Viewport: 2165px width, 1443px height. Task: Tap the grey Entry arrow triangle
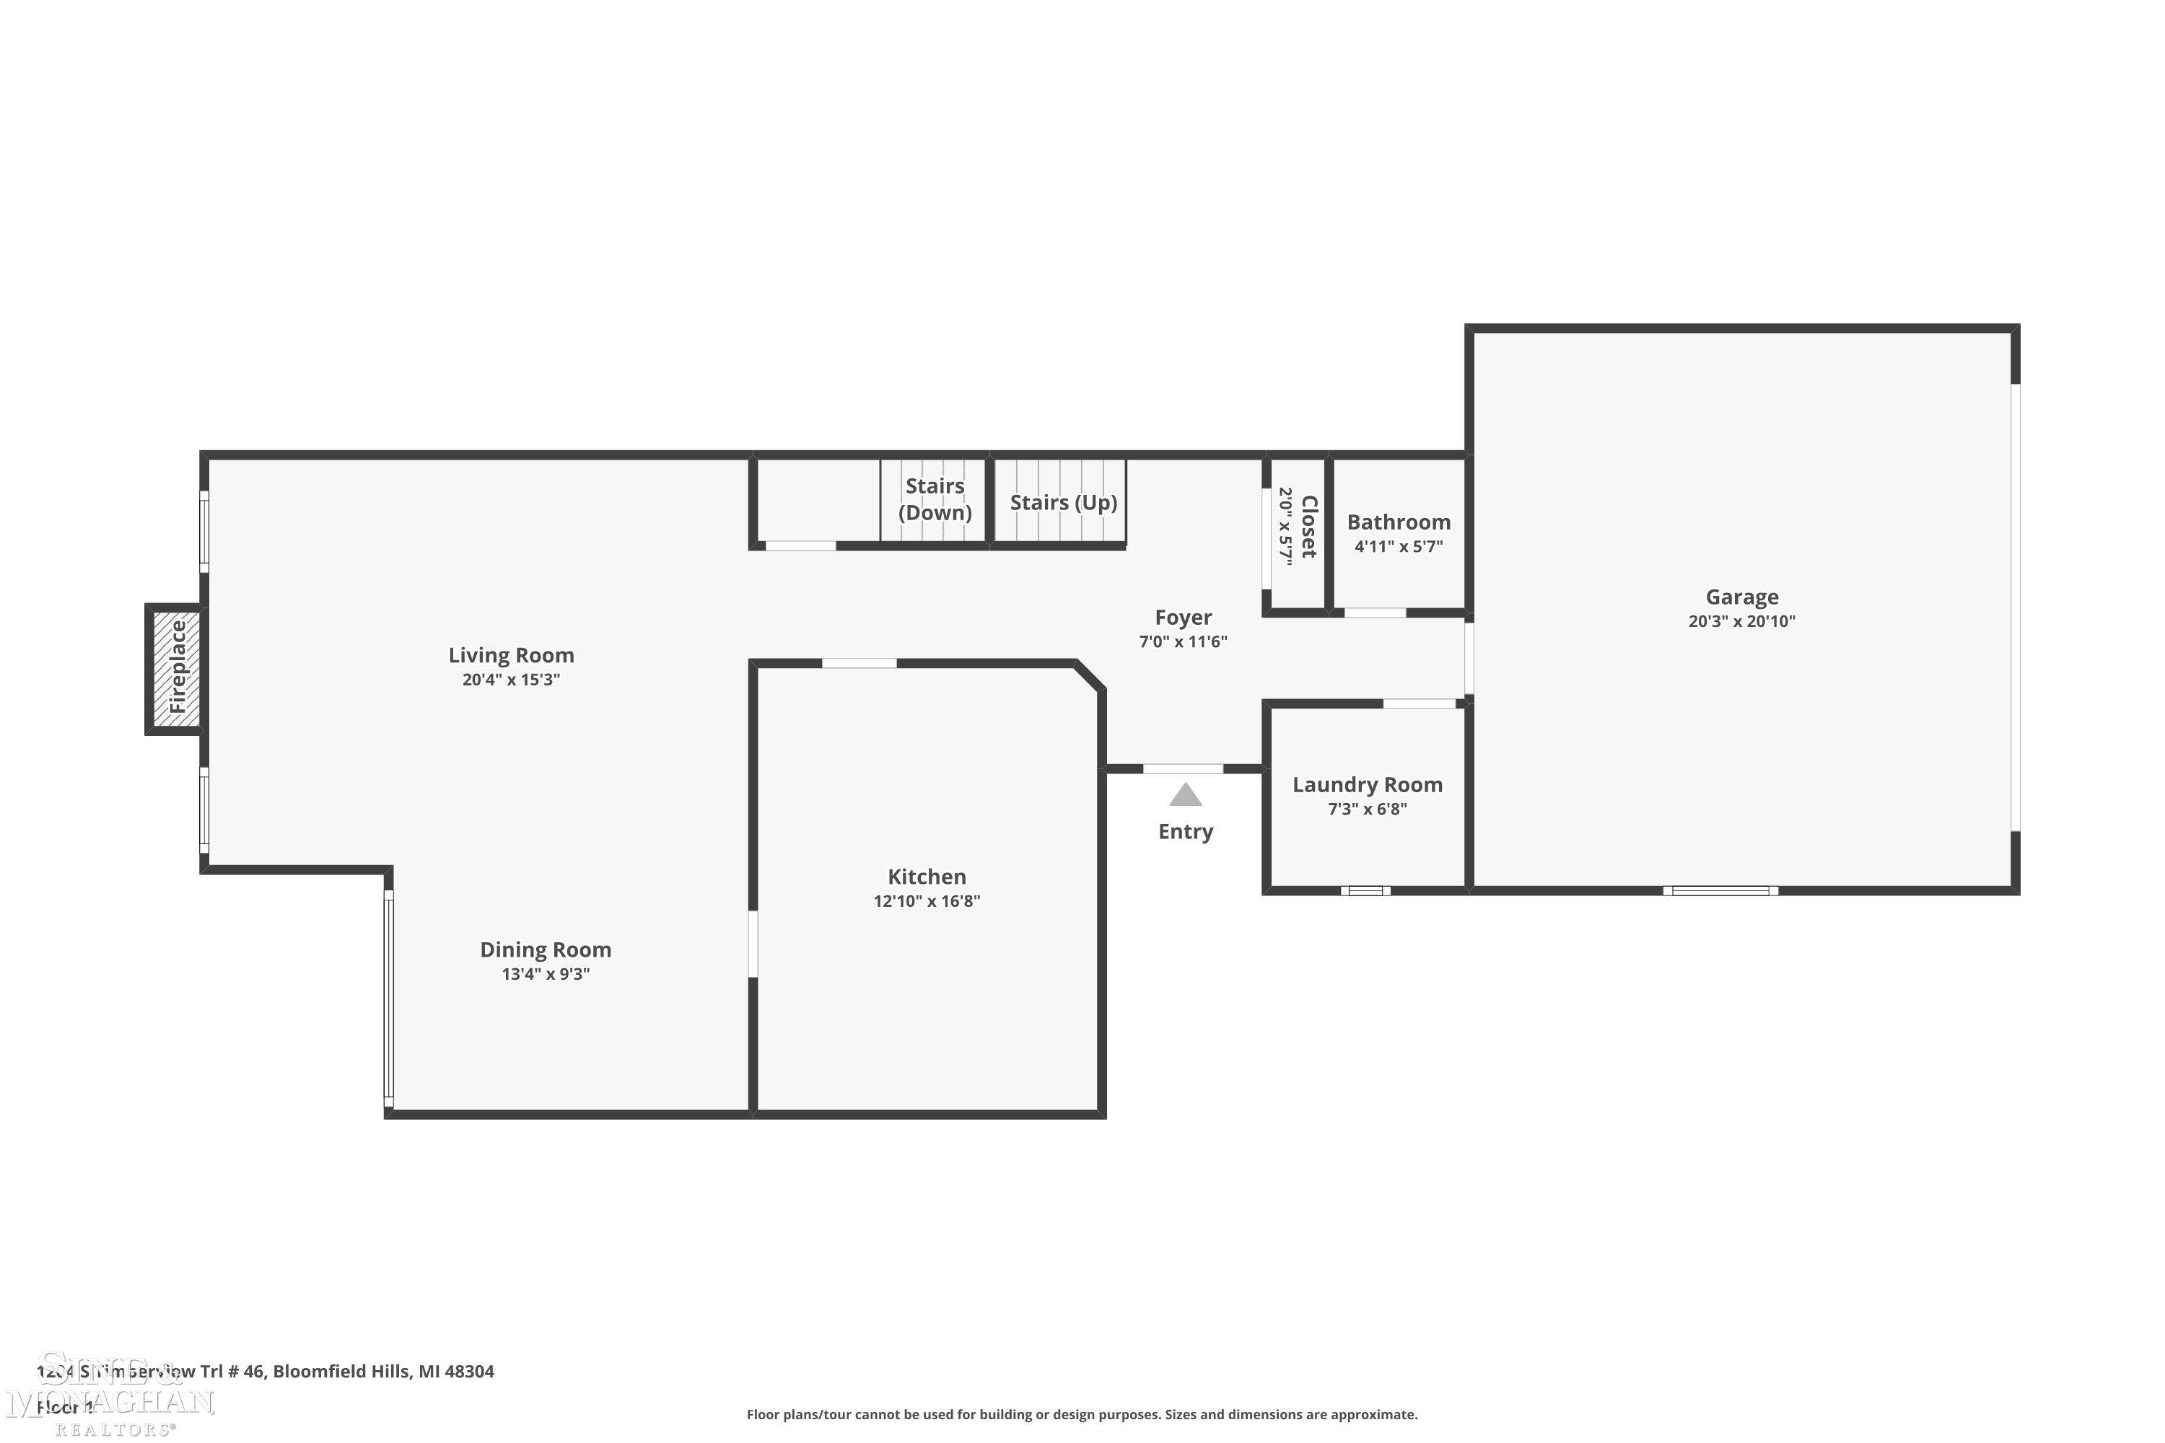(1185, 794)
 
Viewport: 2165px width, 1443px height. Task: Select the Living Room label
(511, 655)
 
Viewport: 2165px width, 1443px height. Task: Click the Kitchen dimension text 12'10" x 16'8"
(926, 901)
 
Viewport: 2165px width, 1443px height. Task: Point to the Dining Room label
(545, 949)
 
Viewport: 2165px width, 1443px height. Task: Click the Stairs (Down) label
(935, 499)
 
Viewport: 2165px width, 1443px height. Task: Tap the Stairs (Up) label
(1062, 502)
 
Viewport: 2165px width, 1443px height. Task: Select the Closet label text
(1309, 527)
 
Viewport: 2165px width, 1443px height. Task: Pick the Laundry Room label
(1367, 785)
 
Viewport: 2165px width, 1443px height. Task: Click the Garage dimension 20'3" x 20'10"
(1741, 621)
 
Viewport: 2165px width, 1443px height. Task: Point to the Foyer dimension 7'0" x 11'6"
(1183, 641)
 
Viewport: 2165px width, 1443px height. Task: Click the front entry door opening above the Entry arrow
(1183, 768)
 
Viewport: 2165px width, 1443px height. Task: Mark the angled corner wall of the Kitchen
(1090, 675)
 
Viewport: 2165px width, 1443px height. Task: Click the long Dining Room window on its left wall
(388, 998)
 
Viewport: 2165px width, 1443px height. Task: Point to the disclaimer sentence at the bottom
(1082, 1414)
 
